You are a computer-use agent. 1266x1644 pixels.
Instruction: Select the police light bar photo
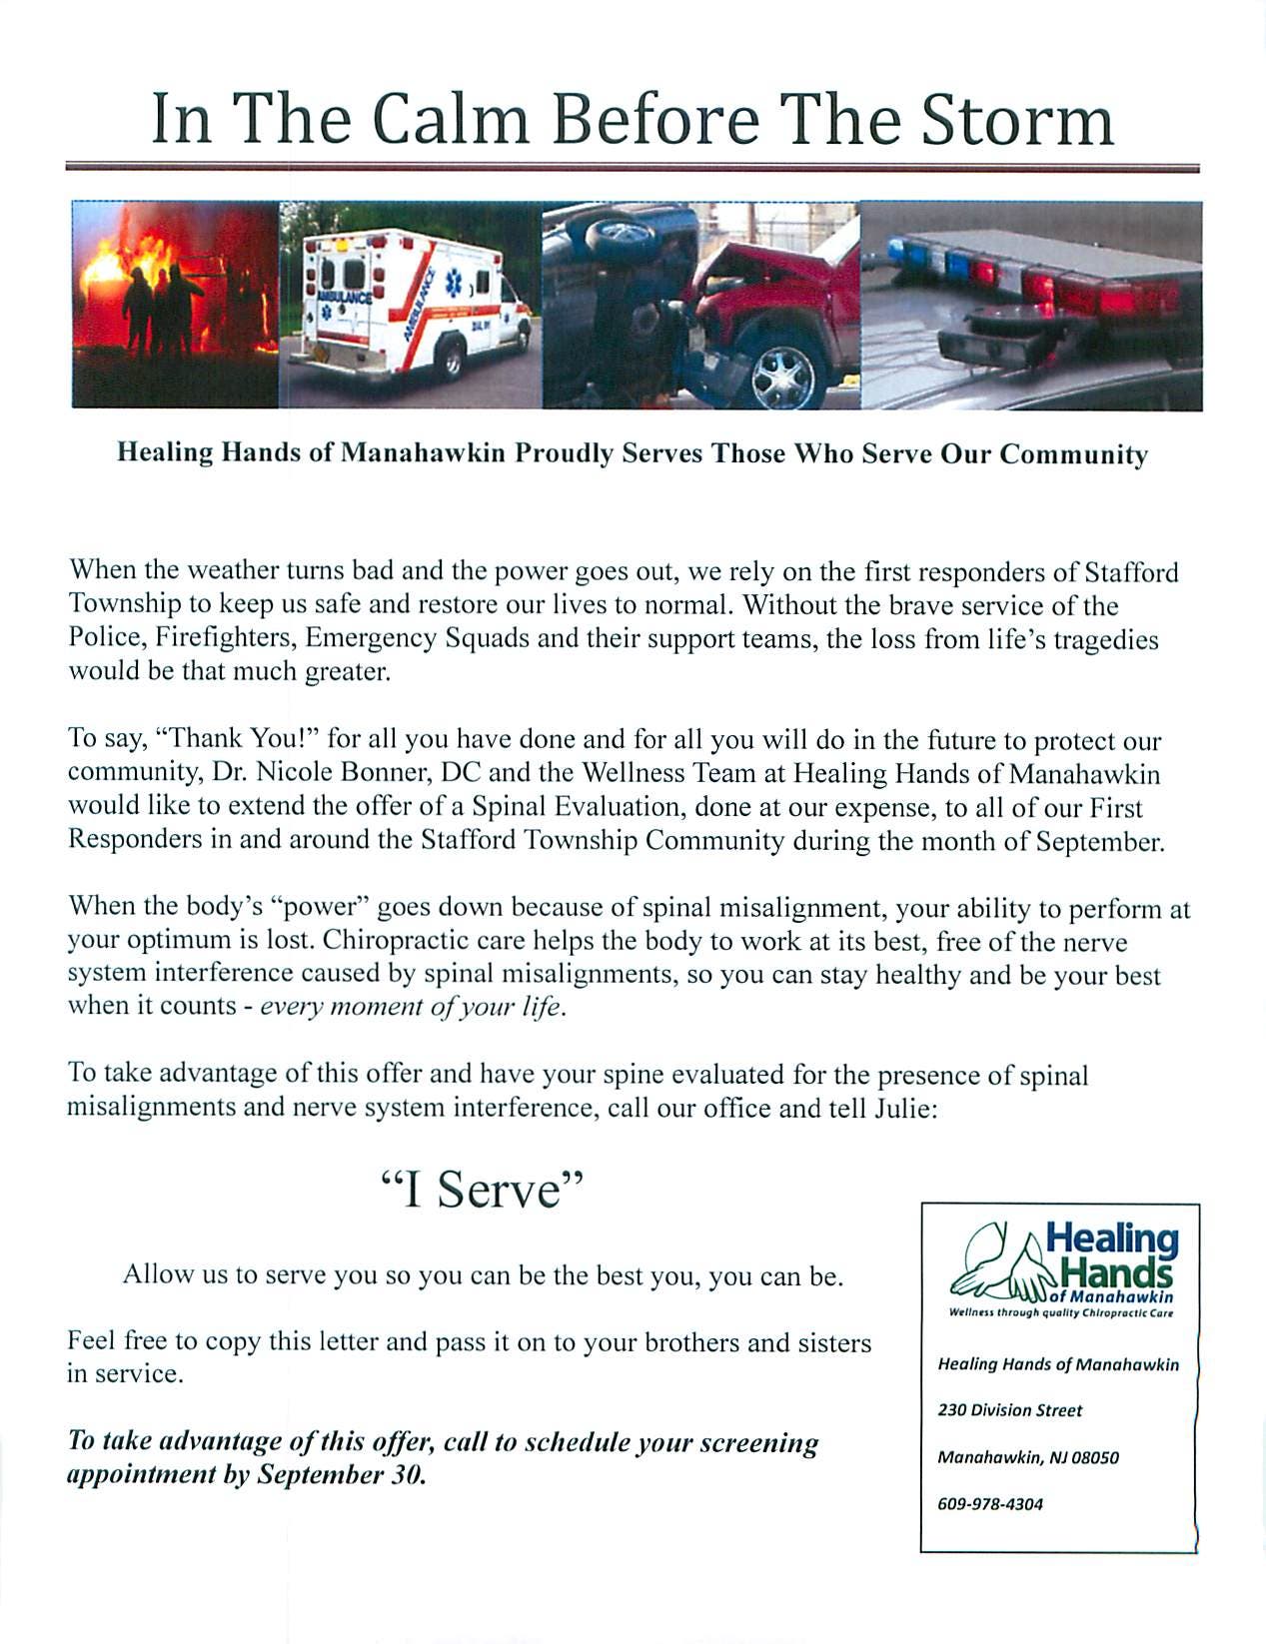1031,305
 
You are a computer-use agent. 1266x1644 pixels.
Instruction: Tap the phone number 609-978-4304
990,1504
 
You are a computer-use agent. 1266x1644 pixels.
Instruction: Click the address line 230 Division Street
1010,1410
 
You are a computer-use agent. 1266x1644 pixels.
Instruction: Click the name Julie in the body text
903,1108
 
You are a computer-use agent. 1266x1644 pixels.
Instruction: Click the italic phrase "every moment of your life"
413,1006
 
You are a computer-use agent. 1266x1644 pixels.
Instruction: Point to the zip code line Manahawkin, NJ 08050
1028,1457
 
